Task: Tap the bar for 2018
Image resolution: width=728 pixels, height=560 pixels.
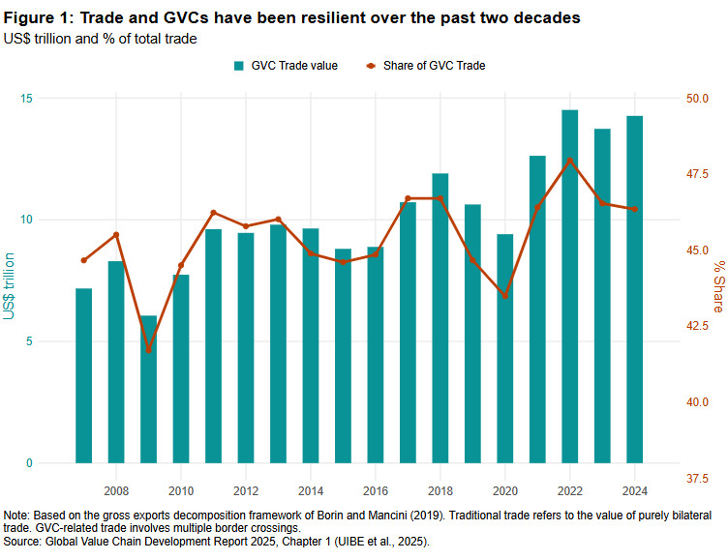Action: coord(440,318)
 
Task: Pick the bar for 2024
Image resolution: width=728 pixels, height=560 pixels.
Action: coord(634,289)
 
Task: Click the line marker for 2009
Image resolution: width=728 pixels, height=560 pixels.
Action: coord(148,349)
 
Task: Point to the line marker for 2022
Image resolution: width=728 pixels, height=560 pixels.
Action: coord(569,161)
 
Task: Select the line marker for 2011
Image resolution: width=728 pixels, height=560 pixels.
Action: coord(213,213)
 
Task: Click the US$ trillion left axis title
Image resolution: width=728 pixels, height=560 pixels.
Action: coord(10,286)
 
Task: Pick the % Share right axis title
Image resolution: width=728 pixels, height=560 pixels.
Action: coord(718,286)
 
